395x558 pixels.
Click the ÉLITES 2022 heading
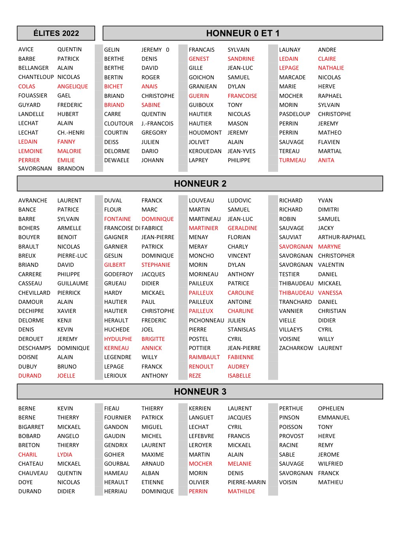56,33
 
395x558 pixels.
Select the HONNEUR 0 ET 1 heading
243,33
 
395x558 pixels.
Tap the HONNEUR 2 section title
200,184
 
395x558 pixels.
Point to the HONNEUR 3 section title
200,391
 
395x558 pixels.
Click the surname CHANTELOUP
36,77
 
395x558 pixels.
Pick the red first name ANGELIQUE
73,86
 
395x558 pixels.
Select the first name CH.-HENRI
71,133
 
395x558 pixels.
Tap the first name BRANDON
71,169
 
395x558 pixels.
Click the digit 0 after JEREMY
167,50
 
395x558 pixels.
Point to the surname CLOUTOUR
118,124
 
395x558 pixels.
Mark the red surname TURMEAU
292,160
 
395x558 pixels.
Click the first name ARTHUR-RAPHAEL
342,237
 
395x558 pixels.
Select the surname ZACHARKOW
296,348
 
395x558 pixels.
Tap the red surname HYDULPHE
118,339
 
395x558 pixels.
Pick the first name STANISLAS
241,330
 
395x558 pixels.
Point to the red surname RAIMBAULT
204,357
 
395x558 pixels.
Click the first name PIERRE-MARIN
246,482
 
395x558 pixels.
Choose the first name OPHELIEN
331,408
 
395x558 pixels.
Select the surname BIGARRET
31,427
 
